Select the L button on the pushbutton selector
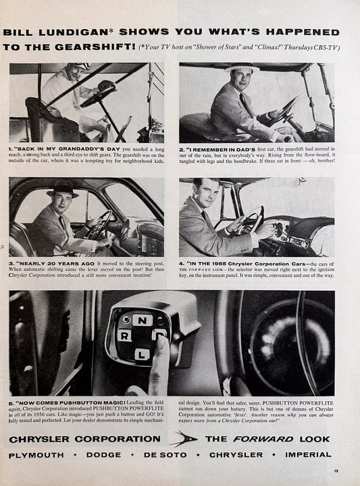click(x=141, y=352)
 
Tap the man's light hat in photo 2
click(x=241, y=68)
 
